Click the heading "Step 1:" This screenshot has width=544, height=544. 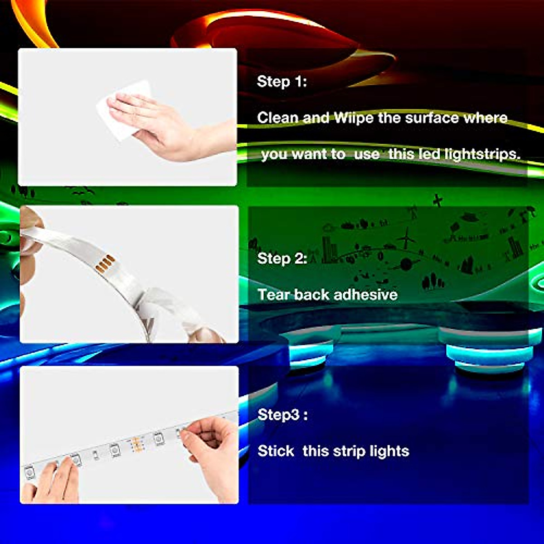[282, 82]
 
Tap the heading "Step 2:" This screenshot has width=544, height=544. [282, 258]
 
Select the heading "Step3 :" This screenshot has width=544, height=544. [282, 415]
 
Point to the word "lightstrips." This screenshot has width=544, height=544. [482, 154]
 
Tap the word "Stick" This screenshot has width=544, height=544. [276, 451]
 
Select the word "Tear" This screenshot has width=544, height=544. [274, 295]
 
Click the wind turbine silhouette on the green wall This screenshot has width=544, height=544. [406, 238]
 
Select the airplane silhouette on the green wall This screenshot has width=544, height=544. [437, 200]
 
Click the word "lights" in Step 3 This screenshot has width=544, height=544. [389, 451]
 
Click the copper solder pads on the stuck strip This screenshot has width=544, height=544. [135, 445]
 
